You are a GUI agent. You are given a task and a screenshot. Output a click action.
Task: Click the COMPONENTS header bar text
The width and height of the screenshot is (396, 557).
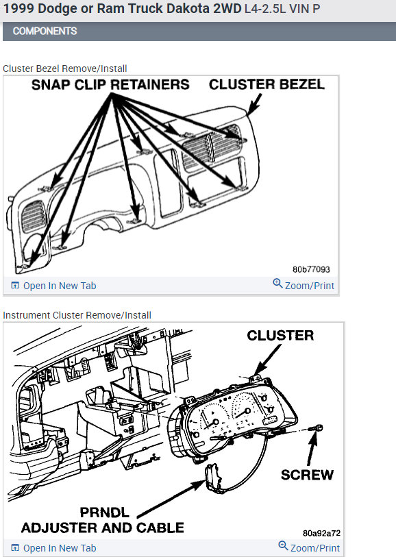pos(45,32)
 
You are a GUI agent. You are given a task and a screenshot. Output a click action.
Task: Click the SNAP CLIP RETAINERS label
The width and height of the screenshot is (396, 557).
pos(110,84)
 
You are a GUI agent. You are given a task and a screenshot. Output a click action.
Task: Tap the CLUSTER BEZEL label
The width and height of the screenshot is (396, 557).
pos(267,84)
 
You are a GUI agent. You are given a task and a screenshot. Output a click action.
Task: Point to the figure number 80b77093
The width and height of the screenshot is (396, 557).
pos(311,269)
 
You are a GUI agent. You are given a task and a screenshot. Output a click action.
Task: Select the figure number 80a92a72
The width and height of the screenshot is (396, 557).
pos(321,533)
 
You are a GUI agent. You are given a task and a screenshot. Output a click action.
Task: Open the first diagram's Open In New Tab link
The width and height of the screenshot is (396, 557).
pos(60,286)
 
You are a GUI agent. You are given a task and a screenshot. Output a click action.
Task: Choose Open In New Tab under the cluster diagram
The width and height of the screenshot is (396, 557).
pos(60,548)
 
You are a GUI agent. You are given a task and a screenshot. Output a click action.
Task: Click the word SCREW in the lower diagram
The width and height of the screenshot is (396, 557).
pos(307,475)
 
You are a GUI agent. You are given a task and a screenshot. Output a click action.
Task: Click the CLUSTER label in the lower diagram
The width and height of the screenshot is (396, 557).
pos(280,335)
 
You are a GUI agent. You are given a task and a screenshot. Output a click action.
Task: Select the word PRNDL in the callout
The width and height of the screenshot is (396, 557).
pos(104,512)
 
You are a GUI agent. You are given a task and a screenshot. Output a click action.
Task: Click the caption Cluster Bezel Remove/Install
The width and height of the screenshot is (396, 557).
pos(64,69)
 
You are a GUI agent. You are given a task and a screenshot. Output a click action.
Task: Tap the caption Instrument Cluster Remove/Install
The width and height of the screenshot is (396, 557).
pos(77,315)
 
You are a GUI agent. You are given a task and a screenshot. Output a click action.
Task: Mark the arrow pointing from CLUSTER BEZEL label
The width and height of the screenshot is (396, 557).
pos(255,104)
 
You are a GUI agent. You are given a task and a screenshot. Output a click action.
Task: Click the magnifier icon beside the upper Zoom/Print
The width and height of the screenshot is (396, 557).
pos(277,284)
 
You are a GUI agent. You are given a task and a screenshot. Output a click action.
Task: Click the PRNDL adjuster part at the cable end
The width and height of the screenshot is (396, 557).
pos(214,477)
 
